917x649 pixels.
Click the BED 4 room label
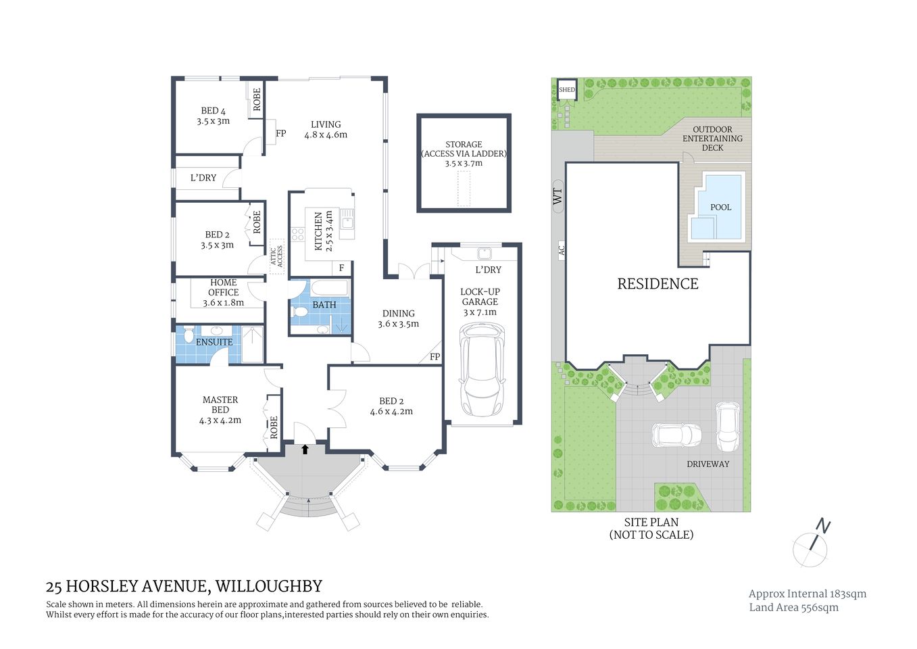213,111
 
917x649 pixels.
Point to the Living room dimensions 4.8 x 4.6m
325,135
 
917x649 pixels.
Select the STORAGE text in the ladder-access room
464,144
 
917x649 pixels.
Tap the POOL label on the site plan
720,208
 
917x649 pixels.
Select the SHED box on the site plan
566,90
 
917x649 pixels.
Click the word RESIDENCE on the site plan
658,284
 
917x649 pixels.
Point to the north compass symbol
812,544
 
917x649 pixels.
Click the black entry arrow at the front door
305,448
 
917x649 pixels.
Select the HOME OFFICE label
223,287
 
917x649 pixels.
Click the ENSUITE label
214,342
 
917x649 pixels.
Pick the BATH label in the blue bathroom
324,305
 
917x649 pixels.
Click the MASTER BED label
220,404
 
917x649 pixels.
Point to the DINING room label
398,313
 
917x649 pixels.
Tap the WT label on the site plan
557,197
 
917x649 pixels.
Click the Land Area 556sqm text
793,607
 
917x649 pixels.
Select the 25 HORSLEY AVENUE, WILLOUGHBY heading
184,586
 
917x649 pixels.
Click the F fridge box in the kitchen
342,268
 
